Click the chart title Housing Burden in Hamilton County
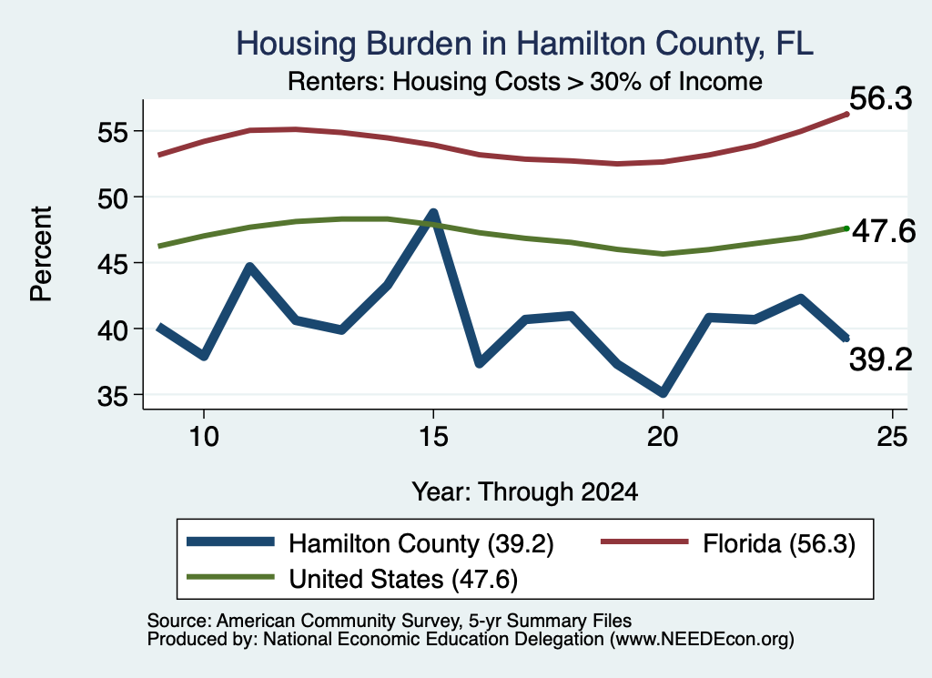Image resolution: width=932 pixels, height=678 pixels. point(525,44)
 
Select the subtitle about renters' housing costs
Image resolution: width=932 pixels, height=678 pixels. point(525,81)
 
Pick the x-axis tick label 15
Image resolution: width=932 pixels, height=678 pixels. point(432,438)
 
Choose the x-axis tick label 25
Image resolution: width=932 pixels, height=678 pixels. point(892,438)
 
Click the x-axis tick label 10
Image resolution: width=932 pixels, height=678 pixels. point(204,438)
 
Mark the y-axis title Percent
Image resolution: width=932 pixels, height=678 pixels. point(41,254)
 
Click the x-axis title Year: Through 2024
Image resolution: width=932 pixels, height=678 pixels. point(525,492)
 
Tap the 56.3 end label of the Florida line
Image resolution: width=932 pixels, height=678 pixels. point(880,98)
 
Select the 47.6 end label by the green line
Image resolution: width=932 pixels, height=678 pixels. point(884,231)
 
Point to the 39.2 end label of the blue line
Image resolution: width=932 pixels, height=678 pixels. point(880,360)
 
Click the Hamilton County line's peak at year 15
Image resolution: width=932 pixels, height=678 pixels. point(433,213)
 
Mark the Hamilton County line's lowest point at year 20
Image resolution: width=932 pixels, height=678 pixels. point(663,393)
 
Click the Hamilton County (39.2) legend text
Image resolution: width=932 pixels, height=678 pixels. point(420,543)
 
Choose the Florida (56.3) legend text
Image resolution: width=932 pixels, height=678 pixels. point(779,543)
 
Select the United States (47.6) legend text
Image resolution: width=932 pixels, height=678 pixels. point(403,580)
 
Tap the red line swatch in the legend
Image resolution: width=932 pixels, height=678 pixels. point(645,541)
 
